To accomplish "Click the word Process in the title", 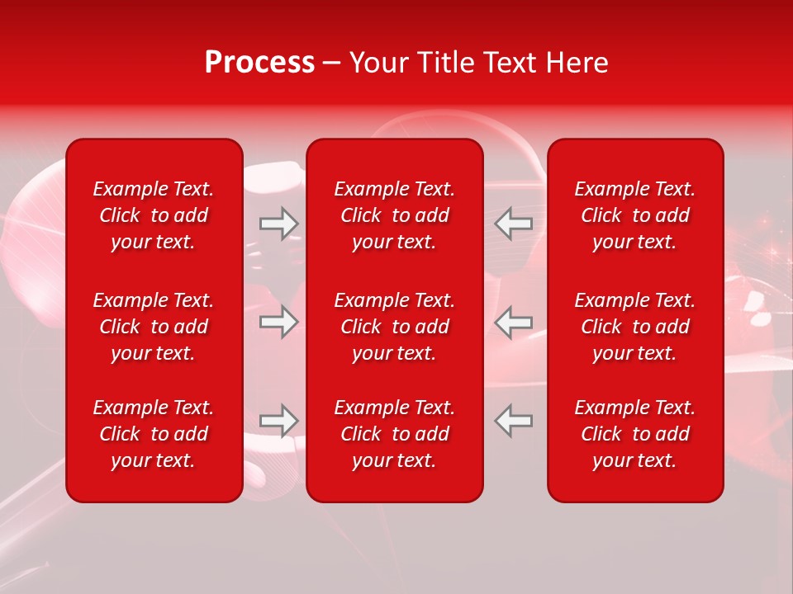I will pyautogui.click(x=259, y=63).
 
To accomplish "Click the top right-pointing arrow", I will pyautogui.click(x=278, y=223).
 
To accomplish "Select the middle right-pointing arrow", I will pyautogui.click(x=278, y=322).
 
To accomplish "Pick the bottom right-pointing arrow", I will pyautogui.click(x=278, y=421).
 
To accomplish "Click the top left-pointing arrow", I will pyautogui.click(x=514, y=223).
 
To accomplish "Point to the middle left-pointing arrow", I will pyautogui.click(x=514, y=322).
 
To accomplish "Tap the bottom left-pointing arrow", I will pyautogui.click(x=514, y=421).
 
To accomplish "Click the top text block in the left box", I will pyautogui.click(x=154, y=215).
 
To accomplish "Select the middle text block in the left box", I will pyautogui.click(x=154, y=327).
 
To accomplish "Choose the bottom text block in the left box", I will pyautogui.click(x=154, y=434).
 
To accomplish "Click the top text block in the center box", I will pyautogui.click(x=395, y=215).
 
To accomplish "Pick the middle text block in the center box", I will pyautogui.click(x=395, y=327).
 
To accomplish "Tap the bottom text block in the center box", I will pyautogui.click(x=395, y=434).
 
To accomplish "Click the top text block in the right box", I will pyautogui.click(x=635, y=215).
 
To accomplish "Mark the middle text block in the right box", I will pyautogui.click(x=635, y=327).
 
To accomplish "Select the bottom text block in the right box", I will pyautogui.click(x=635, y=434).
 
